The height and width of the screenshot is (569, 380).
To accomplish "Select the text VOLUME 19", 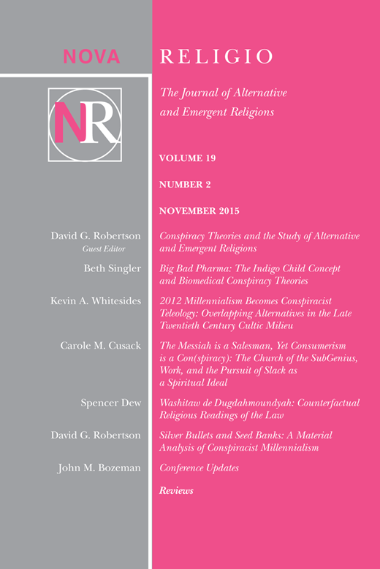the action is (x=187, y=158).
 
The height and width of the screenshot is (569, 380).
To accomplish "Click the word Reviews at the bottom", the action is (x=176, y=491).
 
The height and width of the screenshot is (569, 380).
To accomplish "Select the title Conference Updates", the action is (x=198, y=468).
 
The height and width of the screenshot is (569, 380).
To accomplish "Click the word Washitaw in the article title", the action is (x=182, y=403).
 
